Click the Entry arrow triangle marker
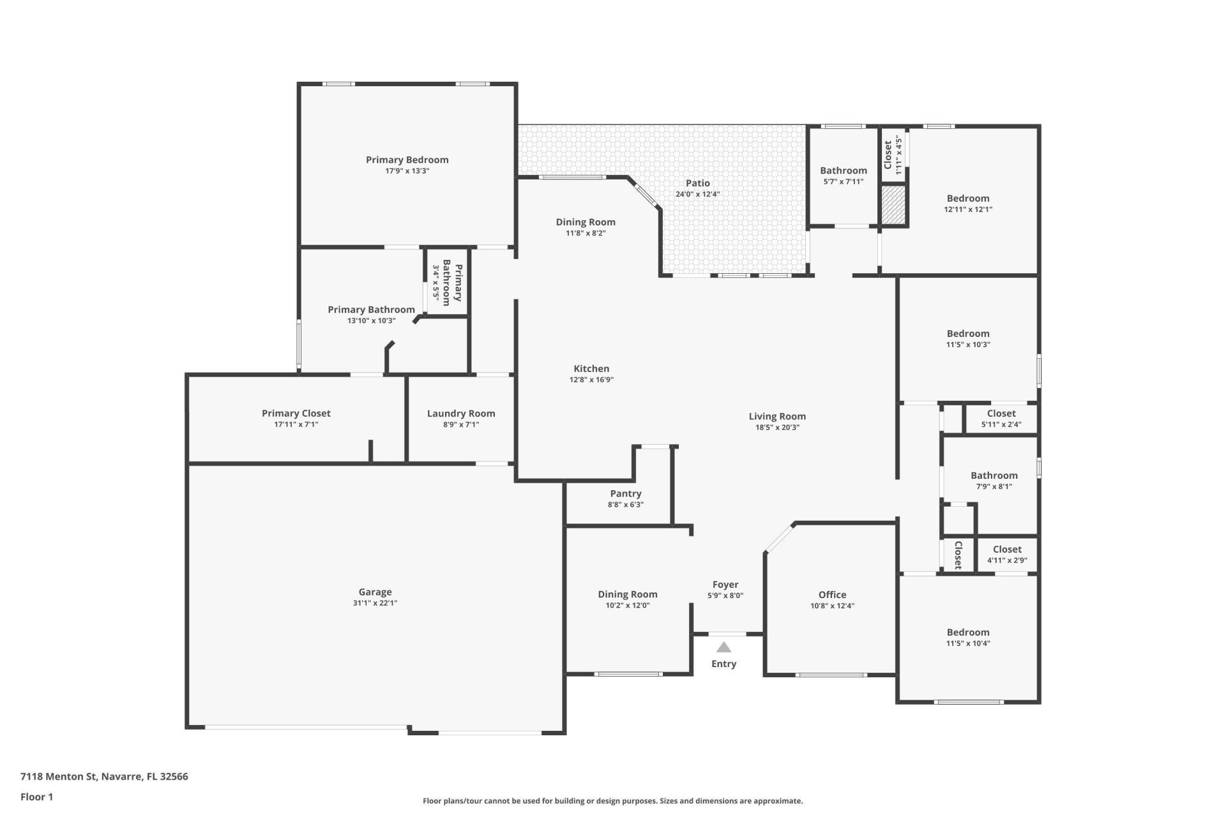pyautogui.click(x=723, y=647)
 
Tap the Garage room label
pyautogui.click(x=375, y=592)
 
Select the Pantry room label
pyautogui.click(x=626, y=493)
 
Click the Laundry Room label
pyautogui.click(x=461, y=414)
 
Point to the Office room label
pyautogui.click(x=833, y=594)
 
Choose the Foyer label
pyautogui.click(x=725, y=585)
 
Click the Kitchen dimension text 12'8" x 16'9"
pyautogui.click(x=592, y=380)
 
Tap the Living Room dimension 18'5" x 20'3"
pyautogui.click(x=777, y=428)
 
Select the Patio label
pyautogui.click(x=698, y=183)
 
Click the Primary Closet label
pyautogui.click(x=296, y=414)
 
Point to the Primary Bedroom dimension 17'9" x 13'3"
pyautogui.click(x=407, y=171)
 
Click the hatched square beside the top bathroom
pyautogui.click(x=893, y=205)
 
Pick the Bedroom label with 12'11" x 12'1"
pyautogui.click(x=968, y=199)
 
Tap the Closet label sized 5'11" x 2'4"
pyautogui.click(x=1001, y=414)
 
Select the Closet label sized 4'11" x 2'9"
pyautogui.click(x=1008, y=550)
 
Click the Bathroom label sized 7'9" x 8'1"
pyautogui.click(x=994, y=476)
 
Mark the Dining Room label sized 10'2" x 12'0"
pyautogui.click(x=628, y=594)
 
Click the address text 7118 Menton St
pyautogui.click(x=58, y=777)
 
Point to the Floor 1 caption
pyautogui.click(x=37, y=797)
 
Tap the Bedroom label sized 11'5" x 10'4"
pyautogui.click(x=968, y=633)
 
